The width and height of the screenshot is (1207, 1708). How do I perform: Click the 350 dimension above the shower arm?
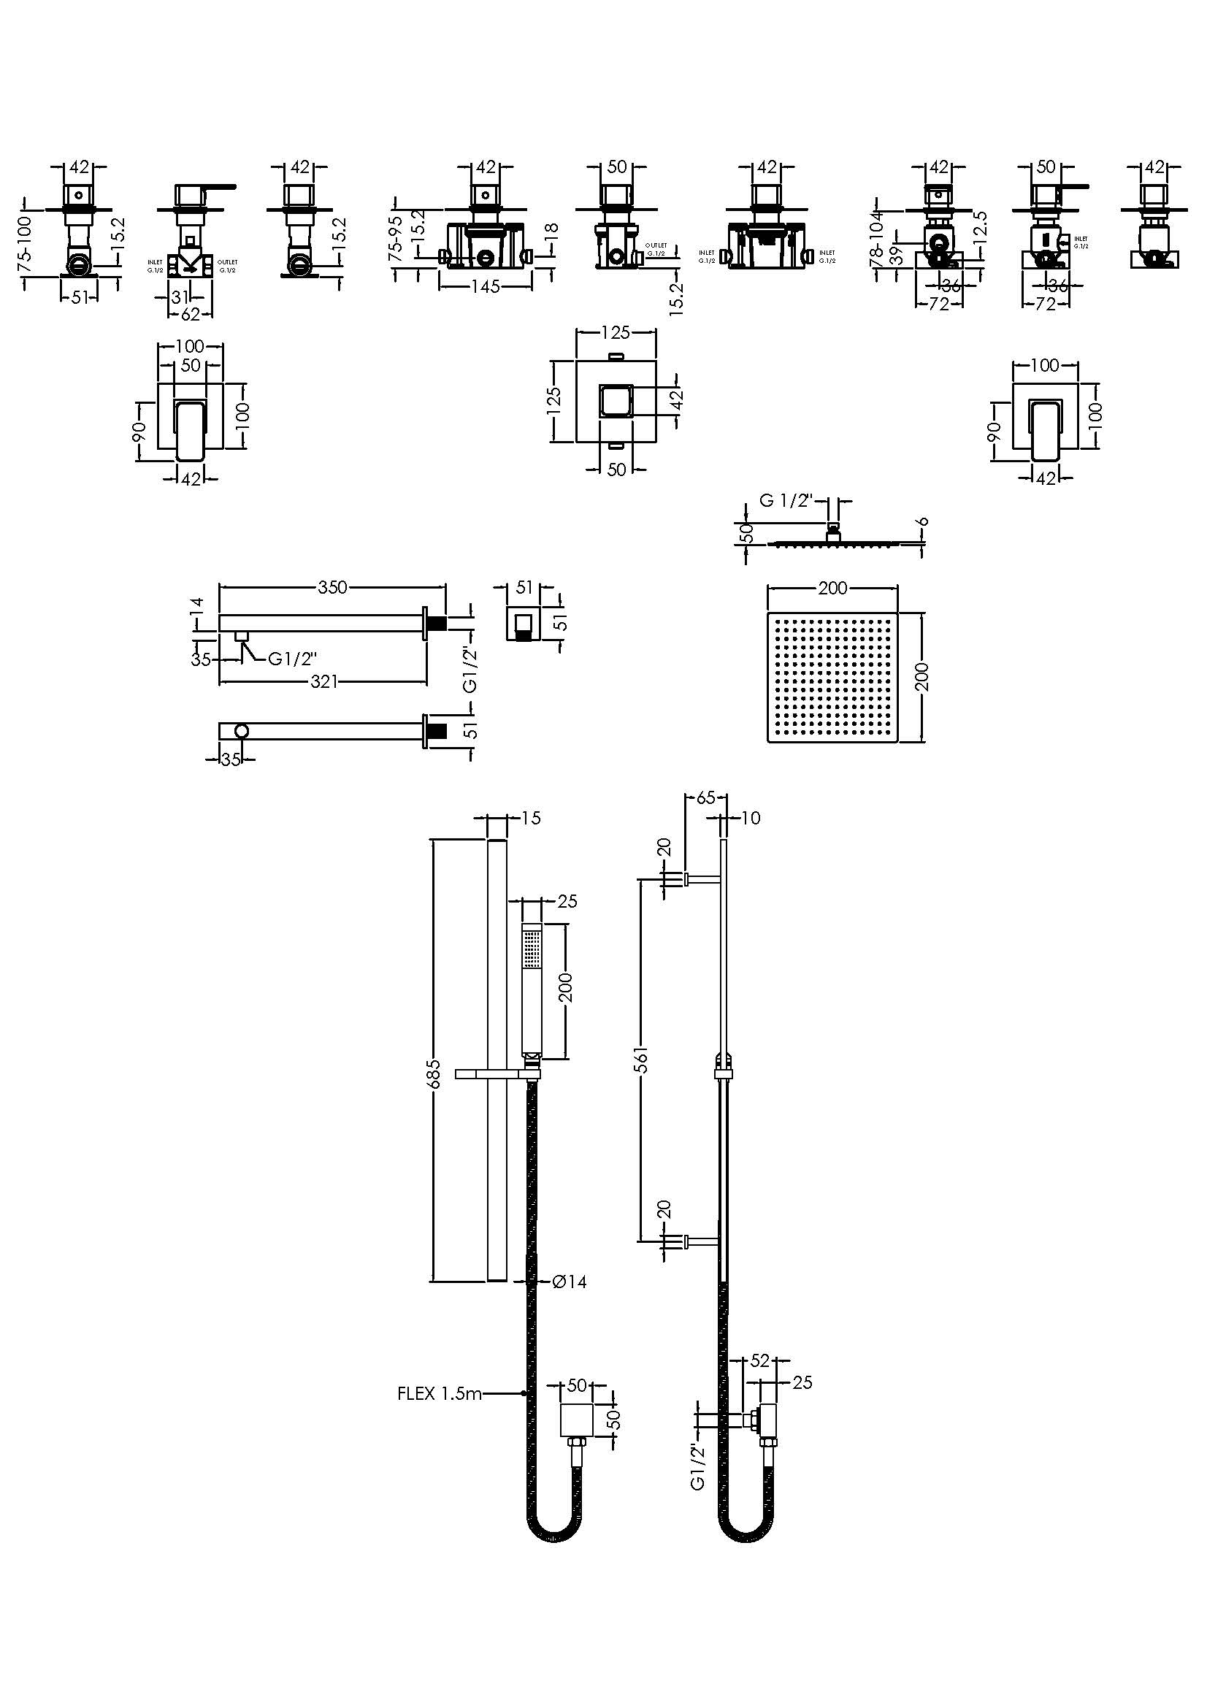click(x=332, y=587)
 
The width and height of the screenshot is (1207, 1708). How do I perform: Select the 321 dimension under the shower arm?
click(x=324, y=681)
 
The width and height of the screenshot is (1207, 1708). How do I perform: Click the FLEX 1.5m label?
click(x=440, y=1393)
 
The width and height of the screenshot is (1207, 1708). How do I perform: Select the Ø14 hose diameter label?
click(x=569, y=1281)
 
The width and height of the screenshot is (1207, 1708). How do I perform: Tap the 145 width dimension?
click(x=485, y=286)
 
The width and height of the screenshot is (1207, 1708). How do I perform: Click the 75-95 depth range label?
click(x=397, y=238)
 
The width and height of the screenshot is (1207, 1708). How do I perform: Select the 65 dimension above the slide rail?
click(x=706, y=797)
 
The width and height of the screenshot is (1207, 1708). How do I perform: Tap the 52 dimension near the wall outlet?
click(x=759, y=1360)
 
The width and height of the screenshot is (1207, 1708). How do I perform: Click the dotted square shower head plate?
click(x=832, y=676)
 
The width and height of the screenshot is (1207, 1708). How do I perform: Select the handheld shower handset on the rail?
click(x=531, y=989)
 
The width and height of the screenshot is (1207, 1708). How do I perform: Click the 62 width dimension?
click(x=191, y=315)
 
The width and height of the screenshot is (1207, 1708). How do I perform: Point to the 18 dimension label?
click(x=551, y=237)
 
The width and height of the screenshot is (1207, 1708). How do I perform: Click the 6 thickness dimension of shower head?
click(x=923, y=522)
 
